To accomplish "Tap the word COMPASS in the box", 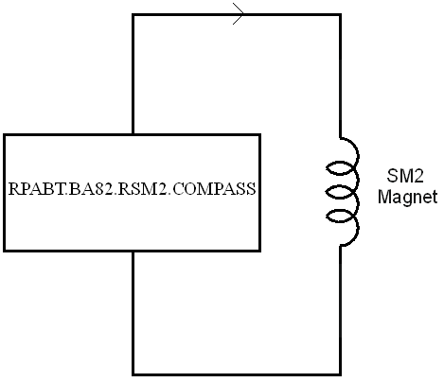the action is click(x=214, y=189).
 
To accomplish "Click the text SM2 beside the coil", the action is click(x=405, y=176).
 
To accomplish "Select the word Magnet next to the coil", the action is click(x=407, y=197).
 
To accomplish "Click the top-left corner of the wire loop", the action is click(x=133, y=14).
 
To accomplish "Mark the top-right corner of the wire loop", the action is click(x=340, y=14).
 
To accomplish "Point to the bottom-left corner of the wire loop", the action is click(x=133, y=374).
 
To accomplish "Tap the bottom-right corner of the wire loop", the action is click(x=340, y=374).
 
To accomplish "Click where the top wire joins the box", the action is click(x=133, y=134).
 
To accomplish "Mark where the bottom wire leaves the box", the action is click(x=133, y=251).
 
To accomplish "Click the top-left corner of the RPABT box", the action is click(x=5, y=135).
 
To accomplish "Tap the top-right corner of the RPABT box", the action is click(x=259, y=135).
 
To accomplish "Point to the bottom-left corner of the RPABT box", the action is click(x=5, y=251).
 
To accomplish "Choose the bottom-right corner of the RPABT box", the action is click(x=259, y=251).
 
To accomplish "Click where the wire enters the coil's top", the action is click(x=340, y=138).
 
